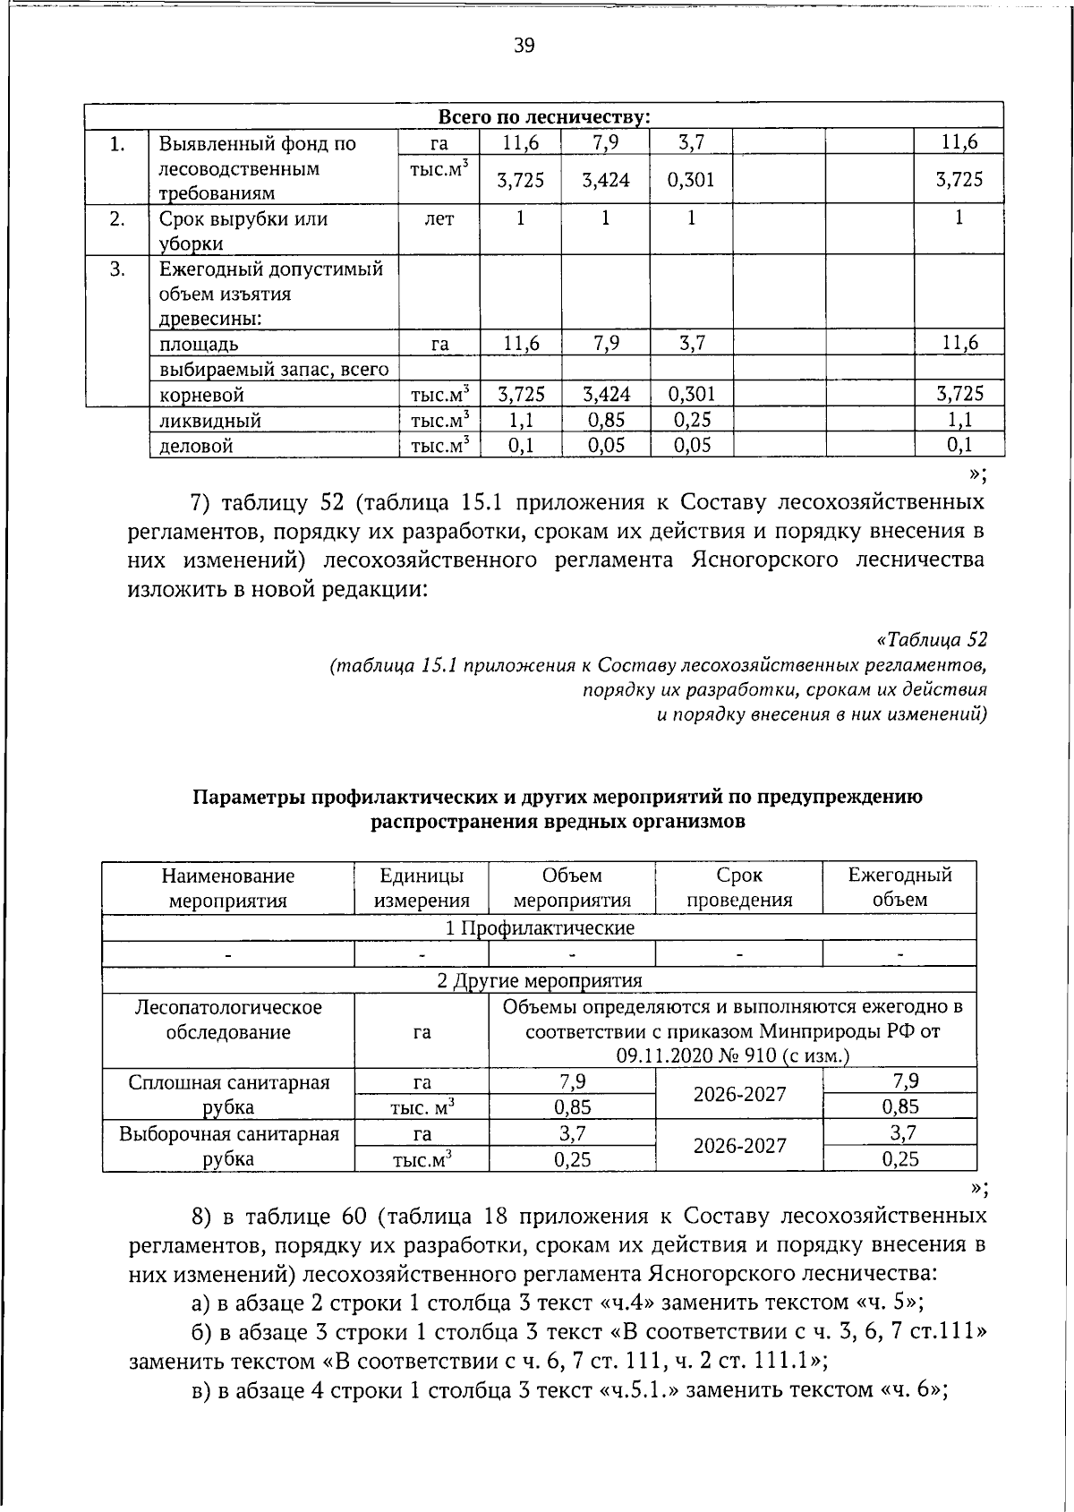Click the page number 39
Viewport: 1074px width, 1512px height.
pos(524,45)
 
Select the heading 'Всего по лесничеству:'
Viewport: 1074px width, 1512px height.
pos(543,117)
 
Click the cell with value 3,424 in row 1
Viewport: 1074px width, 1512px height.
pos(605,180)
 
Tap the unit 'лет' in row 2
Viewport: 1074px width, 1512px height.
pos(439,218)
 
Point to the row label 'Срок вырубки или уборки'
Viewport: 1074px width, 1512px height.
pos(243,231)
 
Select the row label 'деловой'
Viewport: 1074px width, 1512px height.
pos(196,446)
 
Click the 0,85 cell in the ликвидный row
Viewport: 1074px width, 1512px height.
pos(605,420)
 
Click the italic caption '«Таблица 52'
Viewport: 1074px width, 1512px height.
pos(932,640)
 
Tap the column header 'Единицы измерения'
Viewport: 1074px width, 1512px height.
pos(422,888)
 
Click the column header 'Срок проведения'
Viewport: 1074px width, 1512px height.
pos(738,888)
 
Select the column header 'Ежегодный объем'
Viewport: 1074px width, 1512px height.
pos(899,888)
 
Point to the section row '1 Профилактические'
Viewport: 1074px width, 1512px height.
pos(539,928)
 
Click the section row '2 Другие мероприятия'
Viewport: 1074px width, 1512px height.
pos(539,980)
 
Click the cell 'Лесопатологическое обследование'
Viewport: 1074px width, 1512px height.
pos(228,1020)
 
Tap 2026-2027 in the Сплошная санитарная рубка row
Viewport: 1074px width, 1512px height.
pos(738,1094)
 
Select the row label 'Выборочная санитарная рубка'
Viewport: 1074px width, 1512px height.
pos(228,1147)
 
